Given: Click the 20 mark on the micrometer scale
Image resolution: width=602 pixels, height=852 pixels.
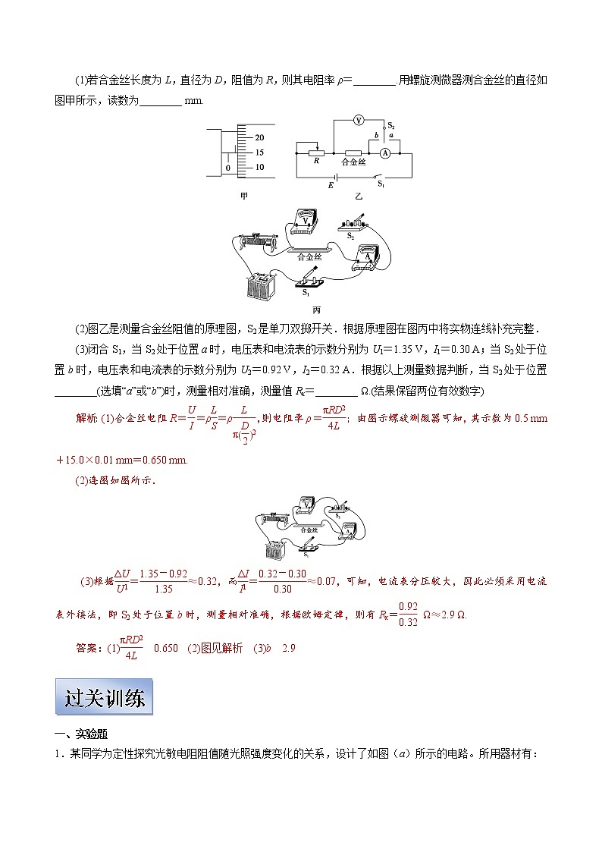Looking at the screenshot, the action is point(259,137).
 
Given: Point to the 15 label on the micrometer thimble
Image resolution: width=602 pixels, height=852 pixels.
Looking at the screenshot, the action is point(259,152).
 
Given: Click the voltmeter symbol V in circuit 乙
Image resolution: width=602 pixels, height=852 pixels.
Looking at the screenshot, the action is point(360,121).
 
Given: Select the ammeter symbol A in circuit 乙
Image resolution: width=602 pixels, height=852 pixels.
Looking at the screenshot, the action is point(384,152).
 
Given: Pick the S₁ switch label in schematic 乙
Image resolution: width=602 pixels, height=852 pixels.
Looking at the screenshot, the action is point(381,184).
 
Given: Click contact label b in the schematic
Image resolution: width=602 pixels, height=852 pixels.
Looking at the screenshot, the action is point(377,135).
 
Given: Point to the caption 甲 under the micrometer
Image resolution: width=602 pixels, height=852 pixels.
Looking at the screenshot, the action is point(243,196).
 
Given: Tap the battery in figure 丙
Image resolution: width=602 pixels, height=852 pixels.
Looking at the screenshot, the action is point(260,287).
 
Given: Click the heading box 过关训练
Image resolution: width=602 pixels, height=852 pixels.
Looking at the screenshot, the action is point(104,697).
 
